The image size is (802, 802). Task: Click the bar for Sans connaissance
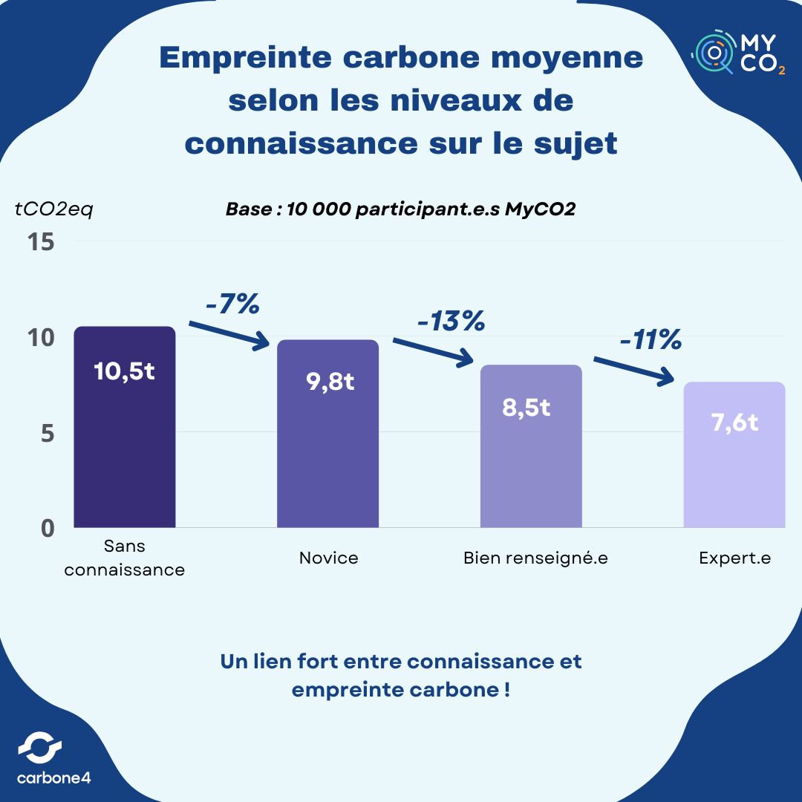[125, 446]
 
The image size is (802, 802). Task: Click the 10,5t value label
[125, 371]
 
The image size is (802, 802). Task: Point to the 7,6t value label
[734, 423]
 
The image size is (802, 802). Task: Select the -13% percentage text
[451, 322]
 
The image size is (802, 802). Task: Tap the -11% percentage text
[651, 340]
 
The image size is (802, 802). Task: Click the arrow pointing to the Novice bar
[230, 334]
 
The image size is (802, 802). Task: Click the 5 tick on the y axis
[48, 433]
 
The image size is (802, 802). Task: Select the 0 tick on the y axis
[48, 528]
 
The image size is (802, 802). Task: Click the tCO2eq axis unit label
[54, 209]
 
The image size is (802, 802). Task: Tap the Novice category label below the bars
[328, 558]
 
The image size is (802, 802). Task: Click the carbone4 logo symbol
[39, 747]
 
